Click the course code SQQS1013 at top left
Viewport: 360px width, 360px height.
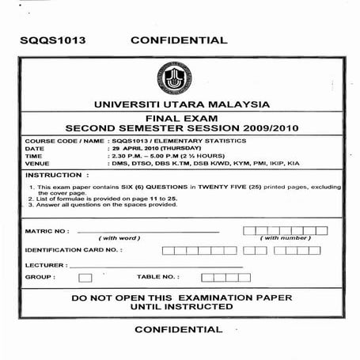point(53,40)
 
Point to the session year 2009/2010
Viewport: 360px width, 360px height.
point(266,127)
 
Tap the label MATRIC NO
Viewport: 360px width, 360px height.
point(47,231)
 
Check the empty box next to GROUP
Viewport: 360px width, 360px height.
point(85,278)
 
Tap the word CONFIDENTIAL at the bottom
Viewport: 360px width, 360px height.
point(179,328)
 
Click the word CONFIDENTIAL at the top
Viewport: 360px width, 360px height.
point(179,40)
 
